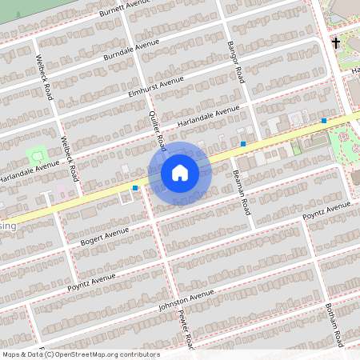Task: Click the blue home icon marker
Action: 180,172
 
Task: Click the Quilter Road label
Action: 157,131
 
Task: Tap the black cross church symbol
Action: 336,42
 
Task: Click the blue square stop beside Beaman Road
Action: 243,144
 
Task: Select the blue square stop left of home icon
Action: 135,188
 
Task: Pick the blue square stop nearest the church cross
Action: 324,121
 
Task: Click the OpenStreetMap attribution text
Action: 81,354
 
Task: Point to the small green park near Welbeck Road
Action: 37,153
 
